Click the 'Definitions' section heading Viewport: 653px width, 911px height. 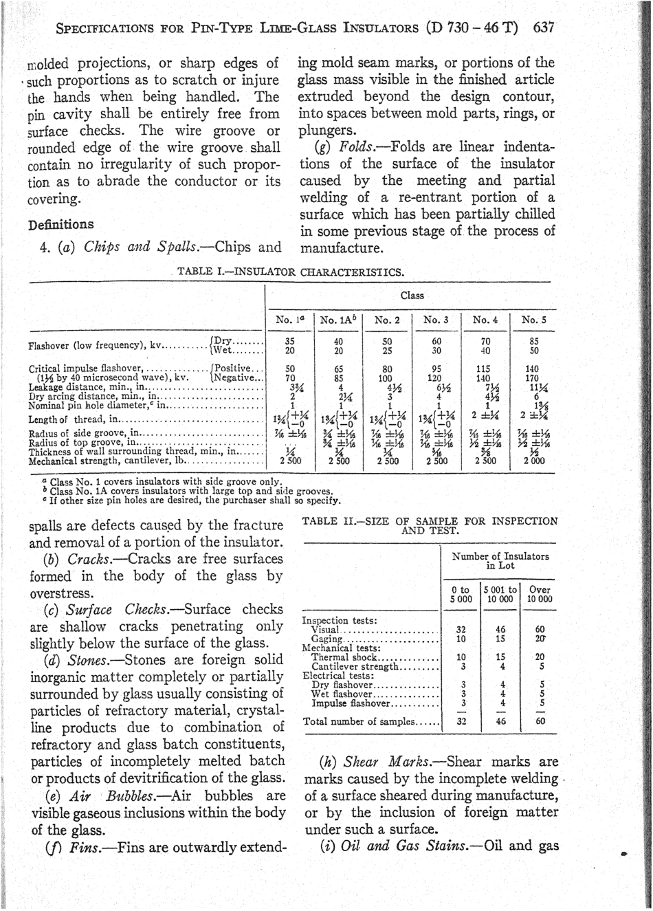(x=61, y=224)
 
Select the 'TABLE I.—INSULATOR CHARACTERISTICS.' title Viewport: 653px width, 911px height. (x=290, y=272)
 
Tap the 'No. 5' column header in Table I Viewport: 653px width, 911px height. (x=534, y=320)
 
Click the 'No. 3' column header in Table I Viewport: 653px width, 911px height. (x=436, y=320)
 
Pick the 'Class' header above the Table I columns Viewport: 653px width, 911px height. (x=412, y=295)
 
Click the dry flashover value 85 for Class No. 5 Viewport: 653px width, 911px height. (x=533, y=340)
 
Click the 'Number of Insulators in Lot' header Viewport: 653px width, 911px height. (x=500, y=561)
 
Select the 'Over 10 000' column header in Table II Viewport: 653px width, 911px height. (x=540, y=595)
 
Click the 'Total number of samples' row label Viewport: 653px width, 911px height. (x=359, y=721)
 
